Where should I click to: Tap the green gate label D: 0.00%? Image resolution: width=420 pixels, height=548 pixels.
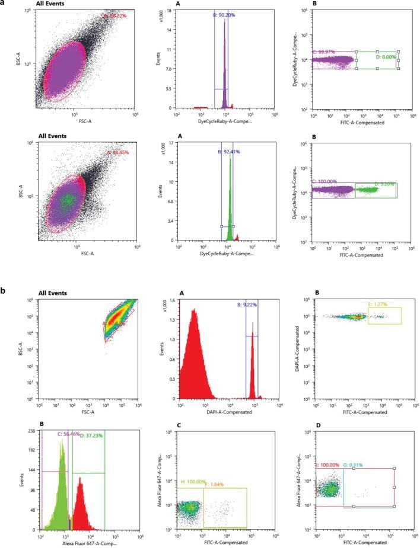click(386, 56)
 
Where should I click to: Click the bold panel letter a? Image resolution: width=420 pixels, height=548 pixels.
click(4, 4)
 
